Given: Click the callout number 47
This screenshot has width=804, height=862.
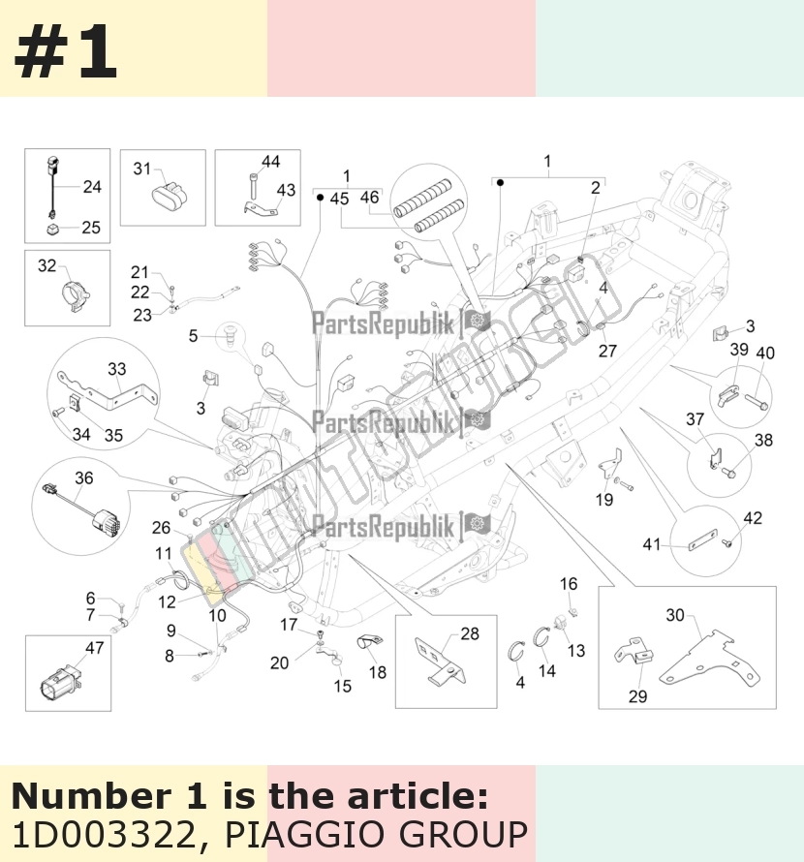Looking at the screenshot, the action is pos(95,648).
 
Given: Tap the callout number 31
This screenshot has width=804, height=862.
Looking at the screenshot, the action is pos(141,169).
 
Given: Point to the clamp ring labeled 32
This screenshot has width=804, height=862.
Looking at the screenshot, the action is pos(75,295).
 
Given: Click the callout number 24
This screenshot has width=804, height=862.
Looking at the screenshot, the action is pos(92,187).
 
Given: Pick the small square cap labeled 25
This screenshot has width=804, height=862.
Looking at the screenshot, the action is pos(53,229).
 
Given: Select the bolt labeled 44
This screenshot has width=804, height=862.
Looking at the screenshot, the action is pos(253,186).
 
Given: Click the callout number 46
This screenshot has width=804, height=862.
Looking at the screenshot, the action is pos(370,197).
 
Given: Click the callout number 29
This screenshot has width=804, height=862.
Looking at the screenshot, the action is pos(638,696).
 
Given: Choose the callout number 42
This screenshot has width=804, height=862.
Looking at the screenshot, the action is pos(753,518).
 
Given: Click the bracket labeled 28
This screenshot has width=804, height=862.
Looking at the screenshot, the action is pos(441,662).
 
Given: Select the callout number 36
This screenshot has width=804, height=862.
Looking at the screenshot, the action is pos(84,477).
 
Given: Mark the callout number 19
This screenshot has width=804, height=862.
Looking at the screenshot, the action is pos(604,499).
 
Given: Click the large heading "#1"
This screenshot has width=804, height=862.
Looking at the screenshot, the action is pos(66,51).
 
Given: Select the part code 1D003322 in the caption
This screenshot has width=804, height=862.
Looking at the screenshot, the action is pos(104,835).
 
